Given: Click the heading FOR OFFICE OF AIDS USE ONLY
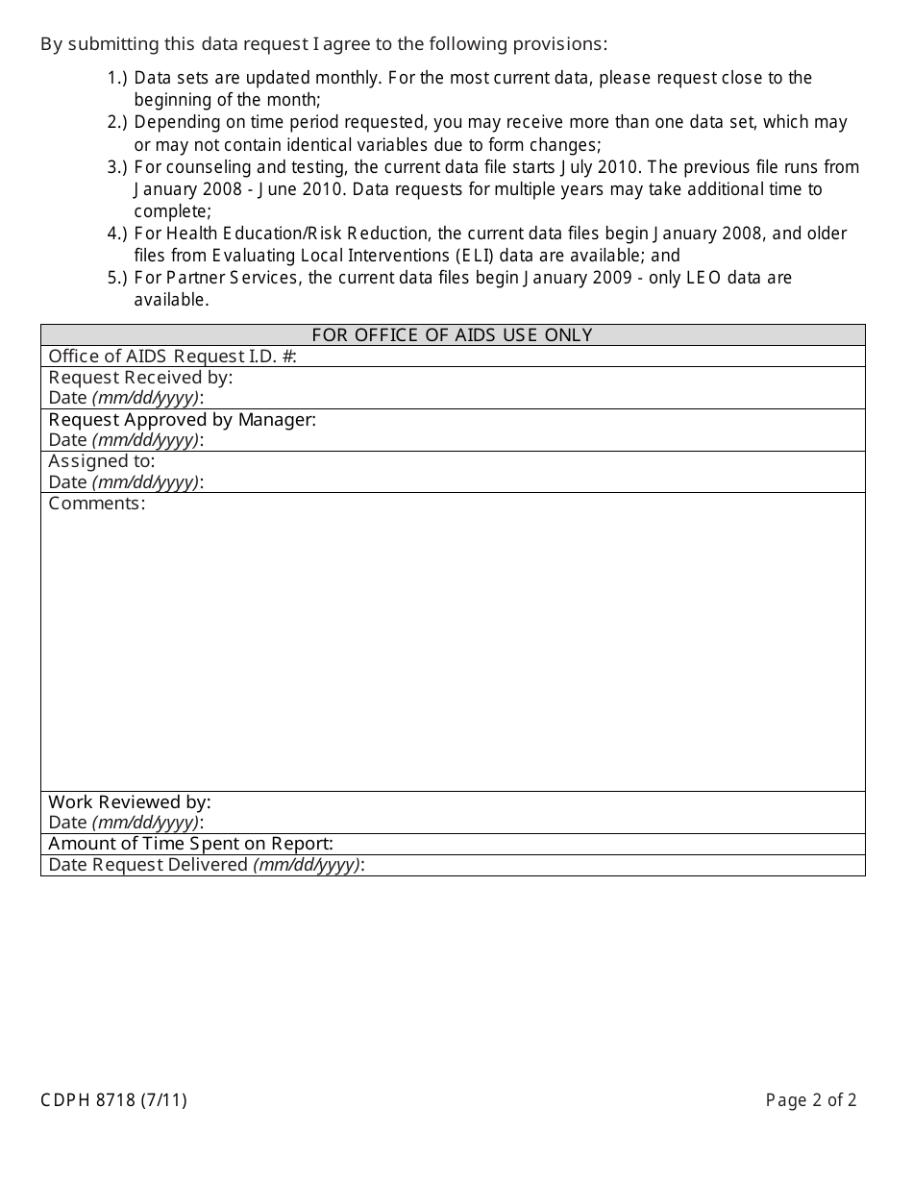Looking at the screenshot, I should [452, 335].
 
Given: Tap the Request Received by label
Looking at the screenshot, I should [140, 378].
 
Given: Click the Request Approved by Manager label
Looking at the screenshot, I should [182, 420].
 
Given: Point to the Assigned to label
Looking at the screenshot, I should [101, 461].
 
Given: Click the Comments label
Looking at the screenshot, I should [96, 504].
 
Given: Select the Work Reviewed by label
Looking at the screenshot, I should [130, 801].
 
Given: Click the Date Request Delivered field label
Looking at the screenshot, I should [207, 865].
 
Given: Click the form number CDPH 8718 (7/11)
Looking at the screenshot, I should [113, 1100].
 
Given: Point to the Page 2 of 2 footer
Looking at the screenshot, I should [810, 1100].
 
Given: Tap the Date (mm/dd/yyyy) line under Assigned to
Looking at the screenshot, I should [126, 482].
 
